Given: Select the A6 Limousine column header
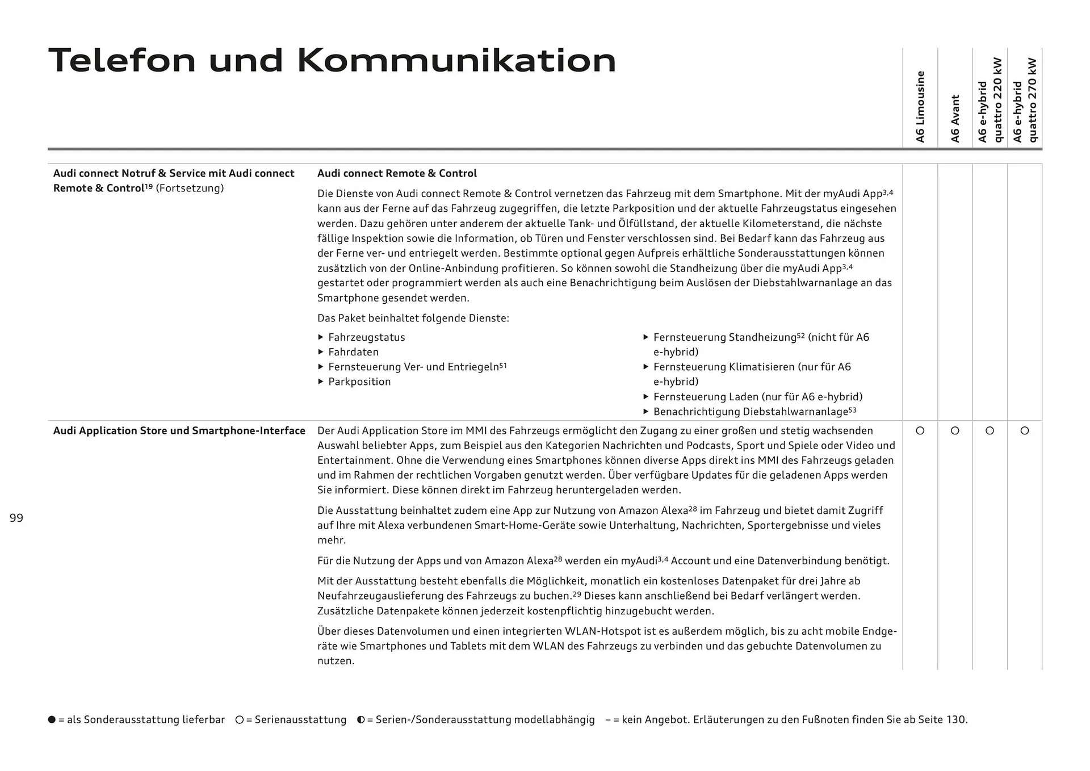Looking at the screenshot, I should tap(920, 106).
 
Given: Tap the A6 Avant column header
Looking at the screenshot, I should tap(955, 118).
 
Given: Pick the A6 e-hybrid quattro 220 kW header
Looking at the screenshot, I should tap(990, 100).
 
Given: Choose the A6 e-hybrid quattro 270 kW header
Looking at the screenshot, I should tap(1025, 100).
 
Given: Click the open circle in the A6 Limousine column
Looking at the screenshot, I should tap(920, 431).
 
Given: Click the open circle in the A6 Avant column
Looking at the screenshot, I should tap(955, 431).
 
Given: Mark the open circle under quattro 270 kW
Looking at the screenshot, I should tap(1025, 431).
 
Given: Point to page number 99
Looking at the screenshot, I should tap(16, 518).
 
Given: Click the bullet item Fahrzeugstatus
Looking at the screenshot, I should tap(366, 337).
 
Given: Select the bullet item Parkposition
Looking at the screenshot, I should tap(359, 382).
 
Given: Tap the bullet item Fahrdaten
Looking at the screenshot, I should tap(353, 352).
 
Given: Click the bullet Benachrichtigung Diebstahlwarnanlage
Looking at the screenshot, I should tap(754, 412).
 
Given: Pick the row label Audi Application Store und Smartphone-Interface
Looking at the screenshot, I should tap(179, 431).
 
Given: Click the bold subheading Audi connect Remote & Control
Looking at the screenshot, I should tap(397, 174).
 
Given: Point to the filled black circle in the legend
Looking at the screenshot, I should tap(52, 719).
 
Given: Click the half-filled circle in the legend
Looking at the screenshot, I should tap(360, 719).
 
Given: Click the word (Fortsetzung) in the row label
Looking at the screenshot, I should tap(190, 188).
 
